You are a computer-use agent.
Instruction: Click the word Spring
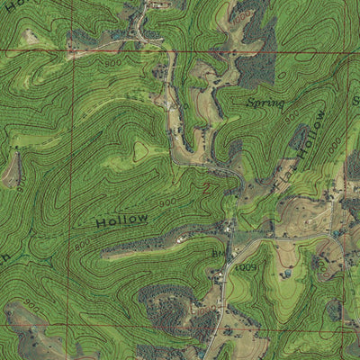(265, 103)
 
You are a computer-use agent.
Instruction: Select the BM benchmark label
(217, 255)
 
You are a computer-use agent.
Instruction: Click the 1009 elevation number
(247, 267)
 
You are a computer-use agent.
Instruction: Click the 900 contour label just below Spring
(291, 117)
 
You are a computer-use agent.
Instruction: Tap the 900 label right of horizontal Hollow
(168, 203)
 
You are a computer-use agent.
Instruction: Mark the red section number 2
(206, 190)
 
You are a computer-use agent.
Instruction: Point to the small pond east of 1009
(287, 273)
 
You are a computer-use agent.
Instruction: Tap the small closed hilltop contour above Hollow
(139, 150)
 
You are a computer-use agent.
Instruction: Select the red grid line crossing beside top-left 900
(73, 52)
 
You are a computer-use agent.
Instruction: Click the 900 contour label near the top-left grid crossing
(112, 64)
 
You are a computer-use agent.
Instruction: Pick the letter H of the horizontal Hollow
(102, 222)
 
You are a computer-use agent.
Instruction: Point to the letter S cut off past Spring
(355, 100)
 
